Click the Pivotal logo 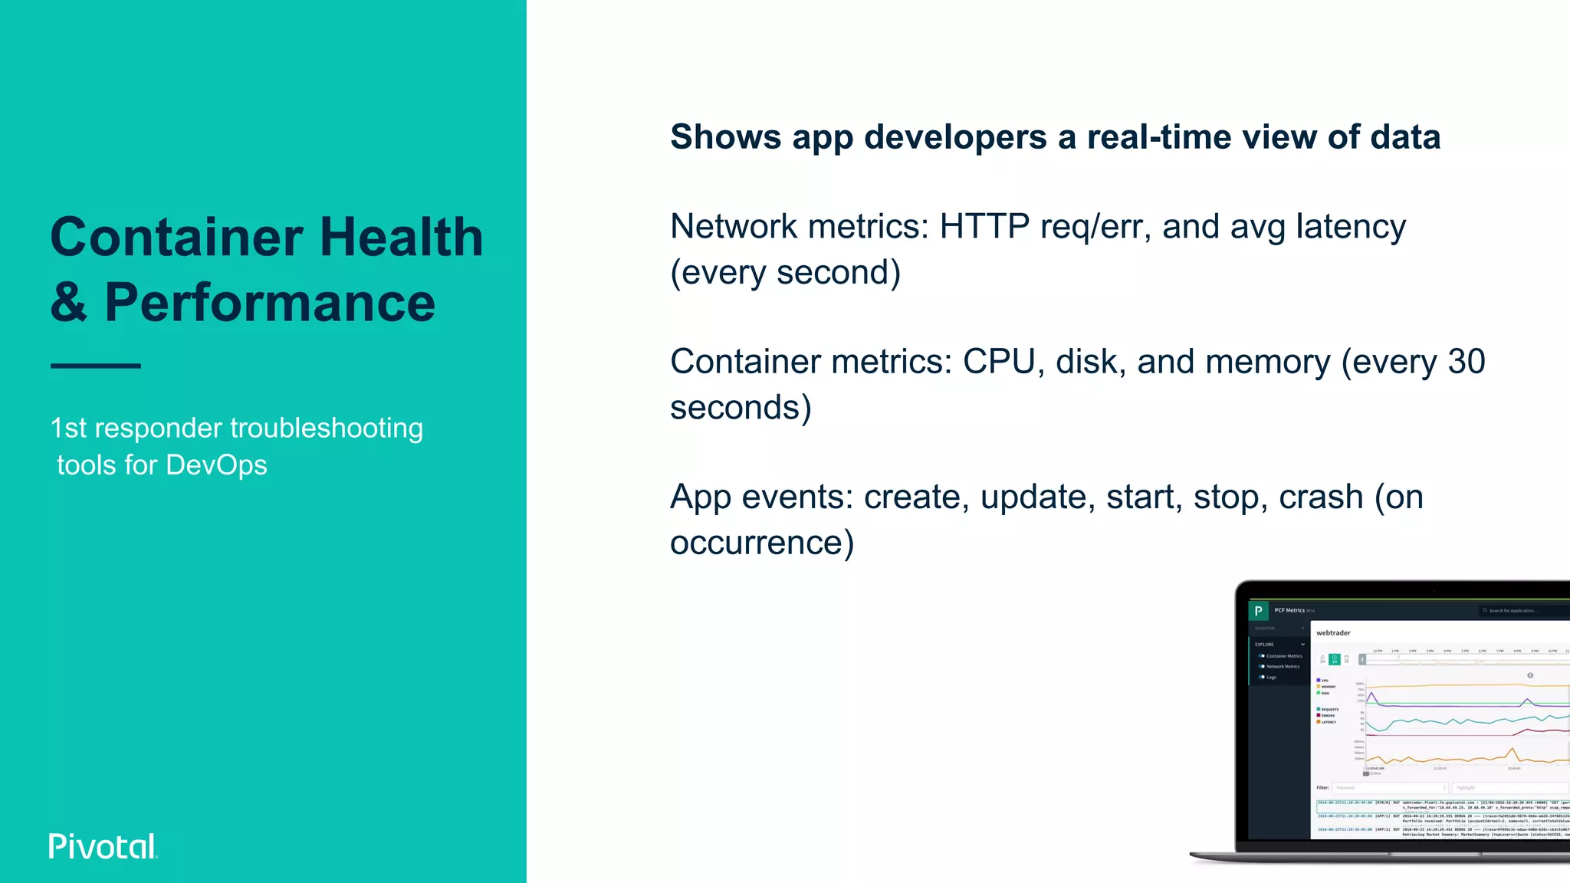pos(103,846)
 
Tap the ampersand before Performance pos(69,302)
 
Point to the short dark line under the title pos(96,366)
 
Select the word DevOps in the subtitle pos(216,465)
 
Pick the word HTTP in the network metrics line pos(984,227)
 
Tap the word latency pos(1351,227)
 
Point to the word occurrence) pos(761,543)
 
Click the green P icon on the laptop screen pos(1258,611)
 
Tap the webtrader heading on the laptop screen pos(1333,632)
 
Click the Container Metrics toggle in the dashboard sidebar pos(1262,656)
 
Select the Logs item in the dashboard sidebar pos(1270,677)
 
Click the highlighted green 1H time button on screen pos(1334,659)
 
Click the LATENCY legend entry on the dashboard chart pos(1328,722)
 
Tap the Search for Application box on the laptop pos(1522,611)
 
